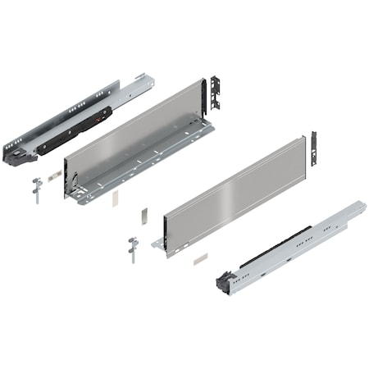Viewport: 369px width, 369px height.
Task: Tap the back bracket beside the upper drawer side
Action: coord(216,95)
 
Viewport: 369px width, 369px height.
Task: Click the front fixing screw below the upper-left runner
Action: coord(35,189)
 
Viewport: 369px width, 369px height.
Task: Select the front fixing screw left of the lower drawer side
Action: coord(132,248)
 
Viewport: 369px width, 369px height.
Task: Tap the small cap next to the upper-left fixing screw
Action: coord(53,175)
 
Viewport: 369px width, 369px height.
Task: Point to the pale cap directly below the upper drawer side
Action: coord(116,198)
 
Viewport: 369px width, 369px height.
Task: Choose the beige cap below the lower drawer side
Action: coord(199,258)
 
